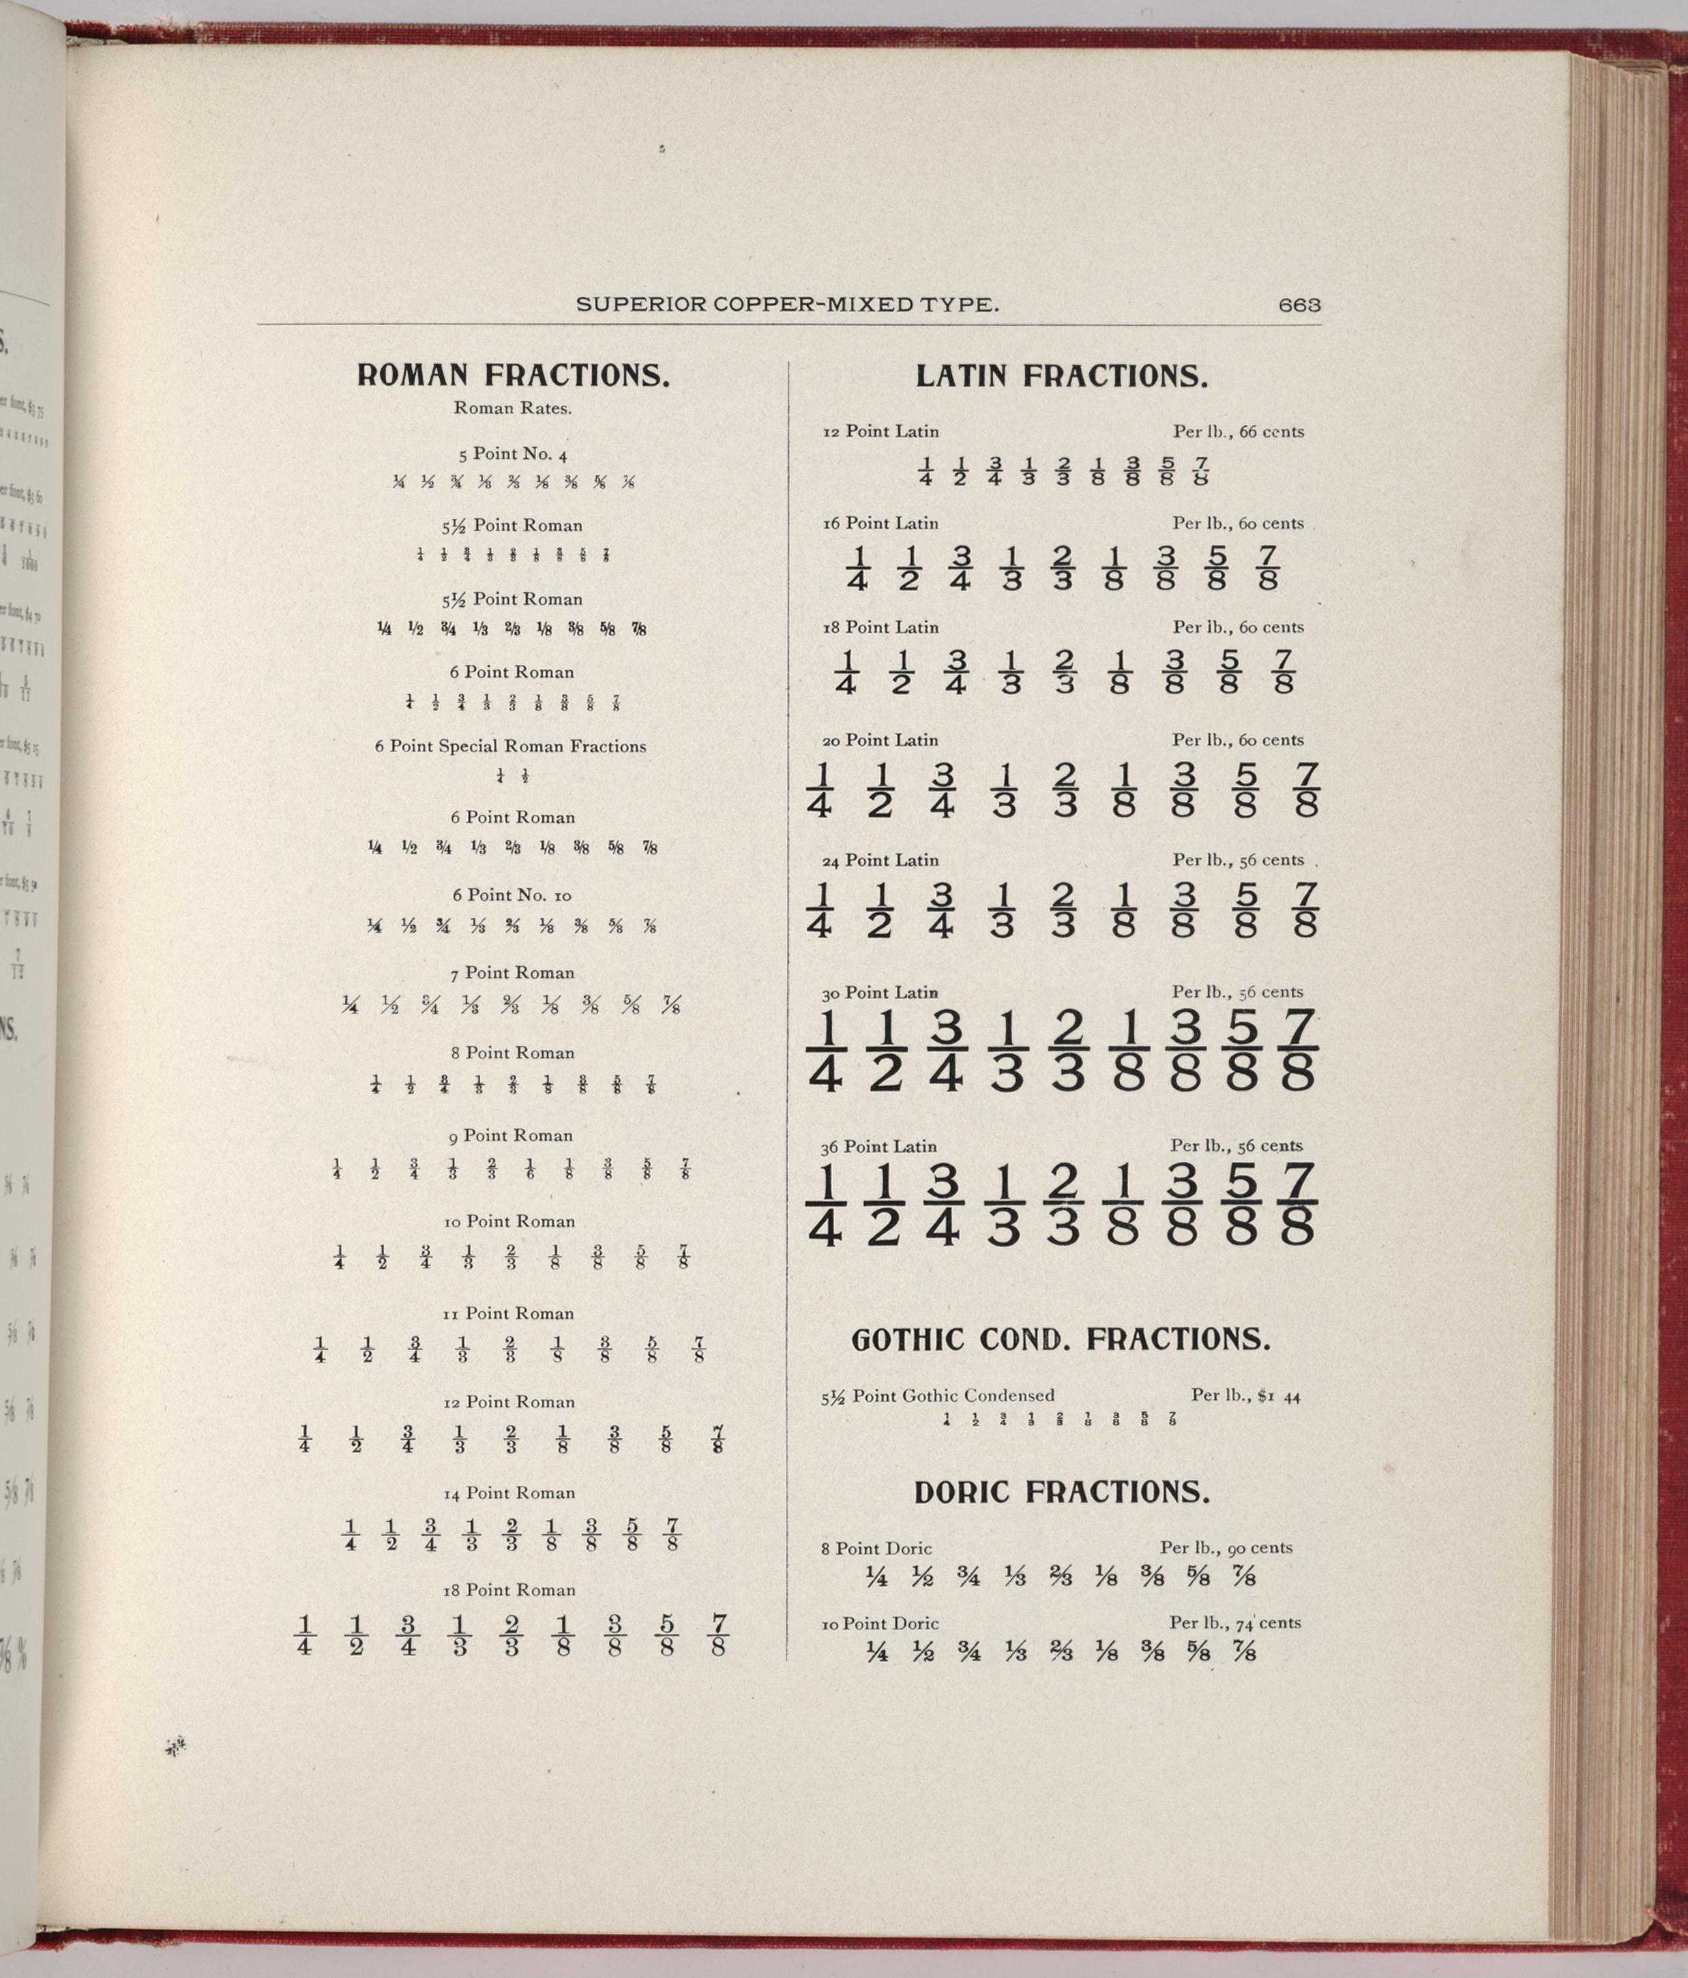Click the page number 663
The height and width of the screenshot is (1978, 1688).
1299,305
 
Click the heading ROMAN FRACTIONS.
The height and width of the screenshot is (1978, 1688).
513,375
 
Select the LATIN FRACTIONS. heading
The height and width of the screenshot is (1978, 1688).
1062,376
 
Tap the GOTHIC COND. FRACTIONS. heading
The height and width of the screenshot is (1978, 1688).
1061,1339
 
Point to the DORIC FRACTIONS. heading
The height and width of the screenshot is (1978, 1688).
1062,1492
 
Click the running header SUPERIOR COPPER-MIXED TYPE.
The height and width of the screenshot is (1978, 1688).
788,305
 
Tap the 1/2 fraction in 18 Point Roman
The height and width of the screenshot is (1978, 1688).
356,1635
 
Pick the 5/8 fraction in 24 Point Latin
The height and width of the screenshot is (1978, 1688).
1244,910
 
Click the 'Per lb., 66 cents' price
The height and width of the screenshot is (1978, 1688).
1239,432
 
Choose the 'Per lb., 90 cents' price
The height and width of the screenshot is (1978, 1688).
1226,1548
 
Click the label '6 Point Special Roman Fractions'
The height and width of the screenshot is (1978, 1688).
511,747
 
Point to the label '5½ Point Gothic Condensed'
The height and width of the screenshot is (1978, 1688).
938,1396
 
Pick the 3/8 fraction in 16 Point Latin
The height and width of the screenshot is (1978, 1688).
1164,568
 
